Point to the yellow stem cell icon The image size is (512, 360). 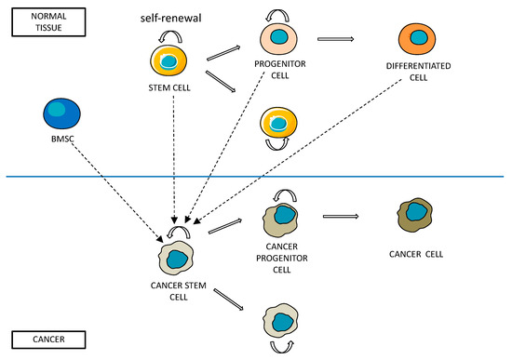click(x=170, y=62)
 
